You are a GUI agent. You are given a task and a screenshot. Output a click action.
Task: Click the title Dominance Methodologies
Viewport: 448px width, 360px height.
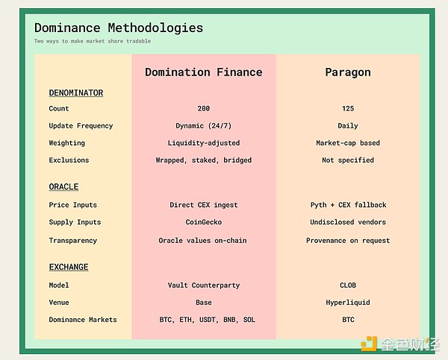119,28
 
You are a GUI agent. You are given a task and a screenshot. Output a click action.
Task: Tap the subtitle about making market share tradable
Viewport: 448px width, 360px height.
93,41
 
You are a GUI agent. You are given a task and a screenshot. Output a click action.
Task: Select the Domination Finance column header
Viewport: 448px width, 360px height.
203,72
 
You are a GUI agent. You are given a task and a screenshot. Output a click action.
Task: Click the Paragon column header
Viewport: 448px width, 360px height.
348,72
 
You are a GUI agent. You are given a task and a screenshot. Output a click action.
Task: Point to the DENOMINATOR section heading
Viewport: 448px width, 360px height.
76,93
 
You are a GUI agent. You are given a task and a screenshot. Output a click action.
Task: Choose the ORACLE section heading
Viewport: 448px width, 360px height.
63,187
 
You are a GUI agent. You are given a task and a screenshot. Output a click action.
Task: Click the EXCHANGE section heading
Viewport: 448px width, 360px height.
69,267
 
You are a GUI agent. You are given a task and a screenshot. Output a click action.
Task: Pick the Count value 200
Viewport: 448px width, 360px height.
203,108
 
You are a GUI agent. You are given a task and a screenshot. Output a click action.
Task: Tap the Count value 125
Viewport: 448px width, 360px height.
348,108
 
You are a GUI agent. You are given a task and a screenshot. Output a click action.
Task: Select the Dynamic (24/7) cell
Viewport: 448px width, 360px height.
203,126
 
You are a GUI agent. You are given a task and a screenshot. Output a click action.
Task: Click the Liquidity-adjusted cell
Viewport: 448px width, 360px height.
203,143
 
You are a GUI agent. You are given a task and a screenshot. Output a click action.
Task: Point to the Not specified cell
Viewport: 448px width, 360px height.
348,161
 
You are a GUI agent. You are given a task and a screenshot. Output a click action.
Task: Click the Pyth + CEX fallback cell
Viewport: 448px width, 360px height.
348,205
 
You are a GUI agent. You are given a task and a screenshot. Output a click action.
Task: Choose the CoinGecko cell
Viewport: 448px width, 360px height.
203,223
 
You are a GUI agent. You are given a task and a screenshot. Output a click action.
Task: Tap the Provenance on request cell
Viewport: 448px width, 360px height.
348,240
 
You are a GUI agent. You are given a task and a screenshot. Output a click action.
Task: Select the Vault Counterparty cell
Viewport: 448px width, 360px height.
204,285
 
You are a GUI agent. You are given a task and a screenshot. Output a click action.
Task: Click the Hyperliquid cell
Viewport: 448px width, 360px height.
348,302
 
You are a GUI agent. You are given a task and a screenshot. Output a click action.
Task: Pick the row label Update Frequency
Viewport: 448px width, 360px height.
81,126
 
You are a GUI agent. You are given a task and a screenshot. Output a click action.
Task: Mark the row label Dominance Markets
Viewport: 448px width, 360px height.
83,320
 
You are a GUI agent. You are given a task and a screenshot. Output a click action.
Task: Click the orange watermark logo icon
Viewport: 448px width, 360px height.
369,344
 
